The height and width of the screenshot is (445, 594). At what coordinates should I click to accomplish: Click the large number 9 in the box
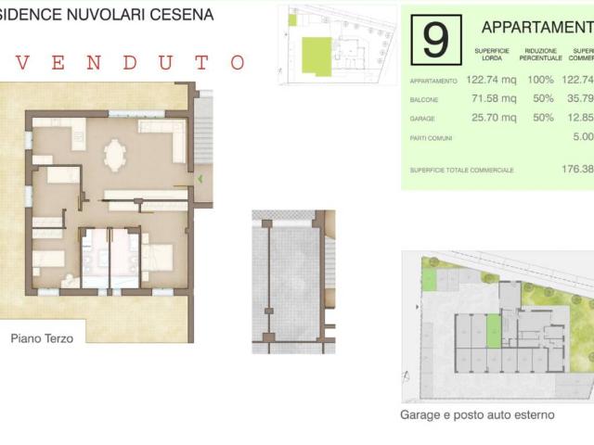pos(434,39)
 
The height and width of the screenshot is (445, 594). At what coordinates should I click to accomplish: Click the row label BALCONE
pos(425,100)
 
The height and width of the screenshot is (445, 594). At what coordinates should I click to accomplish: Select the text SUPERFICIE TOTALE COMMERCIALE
pos(461,170)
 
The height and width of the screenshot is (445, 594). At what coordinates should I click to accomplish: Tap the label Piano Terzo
pos(42,338)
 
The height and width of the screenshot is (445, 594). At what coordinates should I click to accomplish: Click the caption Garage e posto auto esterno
pos(477,414)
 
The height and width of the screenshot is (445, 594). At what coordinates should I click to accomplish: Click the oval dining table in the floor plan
pos(115,154)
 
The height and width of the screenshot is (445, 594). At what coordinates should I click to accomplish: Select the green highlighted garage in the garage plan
pos(493,330)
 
